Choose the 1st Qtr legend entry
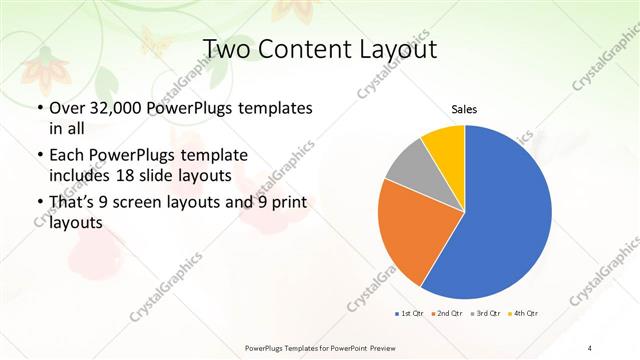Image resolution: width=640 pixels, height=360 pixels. pos(409,314)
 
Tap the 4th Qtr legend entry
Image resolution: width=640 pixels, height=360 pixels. pos(524,314)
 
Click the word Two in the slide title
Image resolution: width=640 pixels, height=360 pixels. pos(226,49)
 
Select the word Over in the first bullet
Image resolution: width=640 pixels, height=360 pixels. pos(66,107)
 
